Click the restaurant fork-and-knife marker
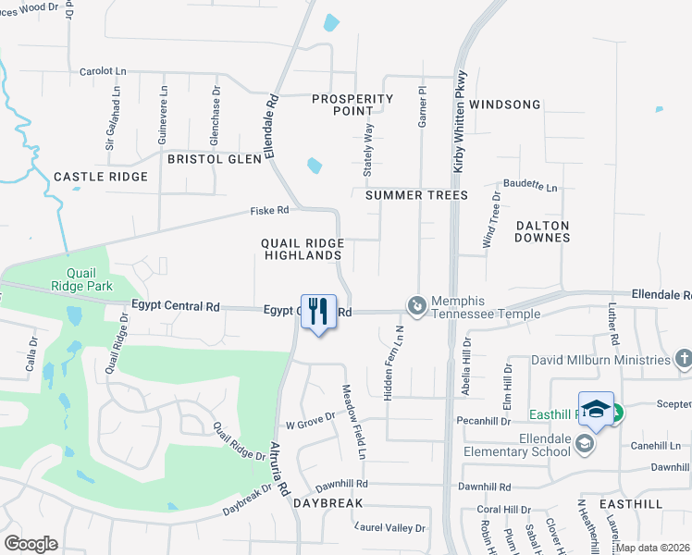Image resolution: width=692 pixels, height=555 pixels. tap(318, 311)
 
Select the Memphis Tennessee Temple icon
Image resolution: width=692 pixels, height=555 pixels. tap(417, 304)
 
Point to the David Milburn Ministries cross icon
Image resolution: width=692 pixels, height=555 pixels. tap(684, 358)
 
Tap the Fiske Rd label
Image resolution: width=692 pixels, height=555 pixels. tap(269, 211)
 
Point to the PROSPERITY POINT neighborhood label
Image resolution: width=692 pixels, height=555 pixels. tap(352, 105)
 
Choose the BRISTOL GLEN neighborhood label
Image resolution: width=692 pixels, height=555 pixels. tap(215, 159)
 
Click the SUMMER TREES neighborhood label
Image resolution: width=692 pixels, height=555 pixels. tap(416, 195)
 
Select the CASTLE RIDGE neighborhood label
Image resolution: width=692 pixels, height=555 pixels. tap(101, 177)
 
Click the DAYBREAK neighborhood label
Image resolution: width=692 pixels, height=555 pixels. tap(327, 502)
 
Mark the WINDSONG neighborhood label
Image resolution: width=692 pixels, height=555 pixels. tap(504, 105)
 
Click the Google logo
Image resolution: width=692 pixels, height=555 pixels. tap(31, 543)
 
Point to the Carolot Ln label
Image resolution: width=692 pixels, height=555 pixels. tap(102, 71)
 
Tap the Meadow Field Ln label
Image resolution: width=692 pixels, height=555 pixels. tap(354, 422)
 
